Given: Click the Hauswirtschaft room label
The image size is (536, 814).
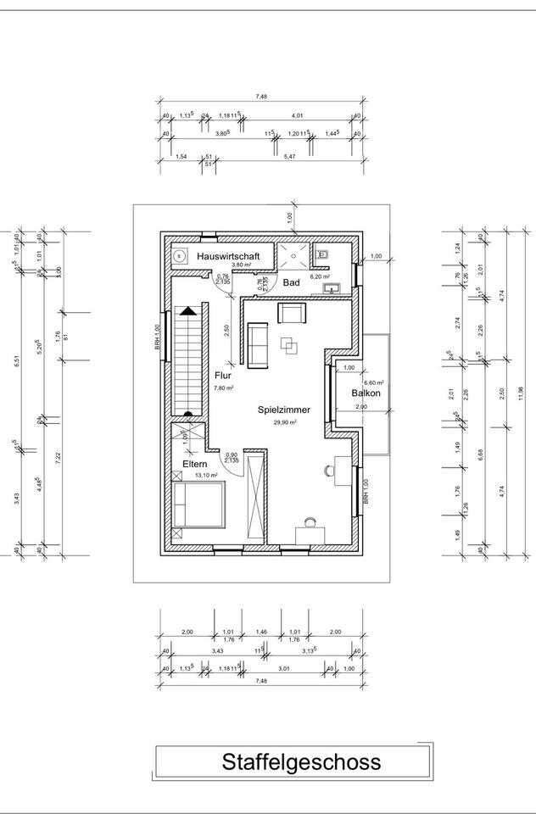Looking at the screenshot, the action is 228,255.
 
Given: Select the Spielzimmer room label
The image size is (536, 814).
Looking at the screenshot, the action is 284,410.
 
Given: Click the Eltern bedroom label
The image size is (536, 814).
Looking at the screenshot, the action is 194,465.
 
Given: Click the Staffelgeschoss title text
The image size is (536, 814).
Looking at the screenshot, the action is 301,761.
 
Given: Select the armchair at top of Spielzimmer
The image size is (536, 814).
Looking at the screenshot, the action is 293,315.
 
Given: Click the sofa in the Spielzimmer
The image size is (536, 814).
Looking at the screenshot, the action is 258,346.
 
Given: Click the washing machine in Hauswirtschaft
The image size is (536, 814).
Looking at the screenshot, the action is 180,255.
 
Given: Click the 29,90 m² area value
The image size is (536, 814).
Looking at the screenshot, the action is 284,421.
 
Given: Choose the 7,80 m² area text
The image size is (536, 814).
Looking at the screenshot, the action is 224,387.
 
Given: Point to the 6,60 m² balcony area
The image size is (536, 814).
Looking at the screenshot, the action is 374,383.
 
